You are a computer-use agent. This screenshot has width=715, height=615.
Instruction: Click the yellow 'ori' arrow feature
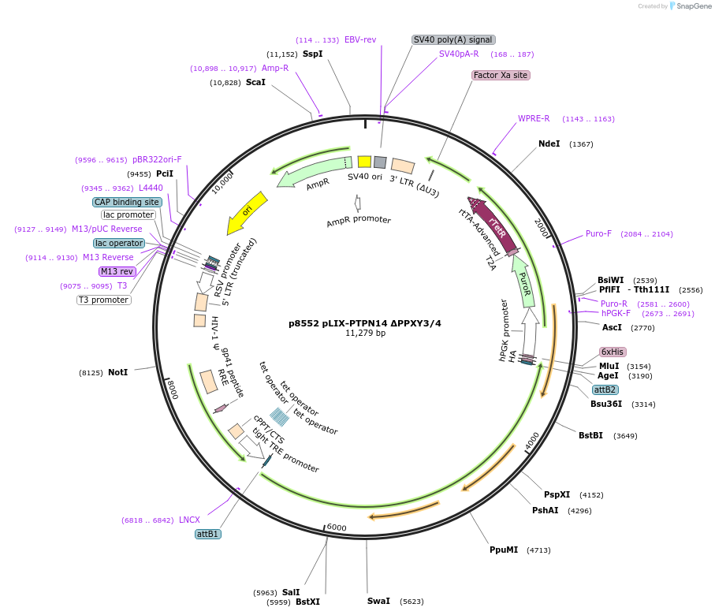point(247,214)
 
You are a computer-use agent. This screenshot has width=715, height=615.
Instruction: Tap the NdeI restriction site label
point(549,143)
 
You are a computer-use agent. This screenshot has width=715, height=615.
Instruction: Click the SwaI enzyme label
point(378,601)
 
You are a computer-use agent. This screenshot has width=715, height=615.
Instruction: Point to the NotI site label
point(117,372)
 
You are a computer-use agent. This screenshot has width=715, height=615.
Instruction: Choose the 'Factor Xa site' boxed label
point(501,75)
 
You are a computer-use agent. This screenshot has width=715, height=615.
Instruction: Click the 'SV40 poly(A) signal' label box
point(453,39)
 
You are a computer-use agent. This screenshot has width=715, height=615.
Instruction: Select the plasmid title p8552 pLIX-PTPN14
point(365,323)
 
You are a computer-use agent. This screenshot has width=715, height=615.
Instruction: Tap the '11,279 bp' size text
point(365,334)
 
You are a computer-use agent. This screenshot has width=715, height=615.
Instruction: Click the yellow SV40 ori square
point(364,161)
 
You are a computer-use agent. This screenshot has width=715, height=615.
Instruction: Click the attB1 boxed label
point(208,534)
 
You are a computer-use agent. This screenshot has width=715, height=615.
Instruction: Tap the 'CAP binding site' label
point(127,202)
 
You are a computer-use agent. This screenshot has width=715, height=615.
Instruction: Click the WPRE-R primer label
point(534,119)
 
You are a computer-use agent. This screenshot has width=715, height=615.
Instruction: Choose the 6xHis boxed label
point(613,352)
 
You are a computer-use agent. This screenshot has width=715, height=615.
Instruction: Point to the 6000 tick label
point(337,527)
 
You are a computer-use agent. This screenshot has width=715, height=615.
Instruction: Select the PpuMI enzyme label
point(504,550)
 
